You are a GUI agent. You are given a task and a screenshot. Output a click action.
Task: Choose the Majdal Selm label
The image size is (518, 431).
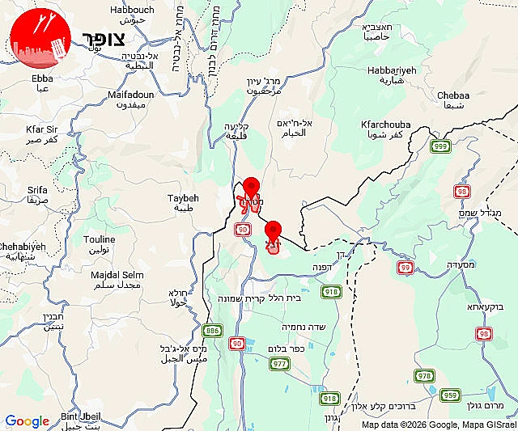click(x=117, y=279)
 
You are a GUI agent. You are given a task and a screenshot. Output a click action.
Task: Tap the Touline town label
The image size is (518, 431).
click(x=100, y=244)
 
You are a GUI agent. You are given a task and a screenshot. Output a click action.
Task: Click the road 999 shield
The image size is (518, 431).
click(x=440, y=146)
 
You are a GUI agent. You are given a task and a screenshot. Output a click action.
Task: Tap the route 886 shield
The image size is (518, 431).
click(x=213, y=330)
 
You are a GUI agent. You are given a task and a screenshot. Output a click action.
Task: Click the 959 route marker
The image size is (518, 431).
click(x=450, y=395)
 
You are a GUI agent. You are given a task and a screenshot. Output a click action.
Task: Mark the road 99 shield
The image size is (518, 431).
click(x=405, y=266)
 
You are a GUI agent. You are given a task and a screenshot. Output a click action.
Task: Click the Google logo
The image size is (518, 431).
click(x=27, y=421)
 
